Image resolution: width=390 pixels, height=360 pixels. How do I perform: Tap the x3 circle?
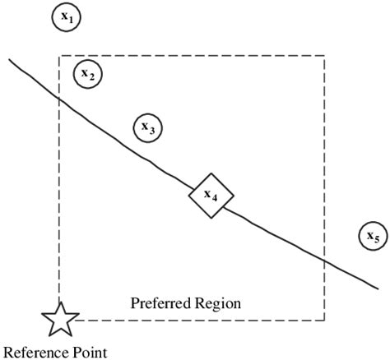[x=149, y=127]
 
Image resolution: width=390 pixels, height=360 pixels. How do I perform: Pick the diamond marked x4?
[x=211, y=196]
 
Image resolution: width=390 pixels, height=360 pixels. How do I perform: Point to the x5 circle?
[x=373, y=237]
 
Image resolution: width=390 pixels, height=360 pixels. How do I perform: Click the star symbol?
[x=59, y=319]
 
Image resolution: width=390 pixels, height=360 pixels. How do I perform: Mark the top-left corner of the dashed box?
[x=59, y=56]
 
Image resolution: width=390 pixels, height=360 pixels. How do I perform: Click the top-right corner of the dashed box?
[x=324, y=56]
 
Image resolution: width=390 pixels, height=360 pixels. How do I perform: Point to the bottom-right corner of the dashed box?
[x=324, y=320]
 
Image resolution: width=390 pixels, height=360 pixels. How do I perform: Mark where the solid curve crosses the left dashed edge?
[x=59, y=99]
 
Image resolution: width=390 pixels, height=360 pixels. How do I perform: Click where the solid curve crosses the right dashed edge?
[x=324, y=260]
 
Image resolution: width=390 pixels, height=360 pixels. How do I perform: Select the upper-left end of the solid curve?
[x=9, y=58]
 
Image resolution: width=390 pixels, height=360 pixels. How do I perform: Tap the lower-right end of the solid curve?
[x=379, y=288]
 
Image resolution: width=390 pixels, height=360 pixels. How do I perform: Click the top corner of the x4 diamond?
[x=211, y=173]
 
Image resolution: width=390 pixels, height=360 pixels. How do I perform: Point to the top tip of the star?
[x=59, y=302]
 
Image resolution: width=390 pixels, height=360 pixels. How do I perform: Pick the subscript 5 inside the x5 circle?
[x=377, y=240]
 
